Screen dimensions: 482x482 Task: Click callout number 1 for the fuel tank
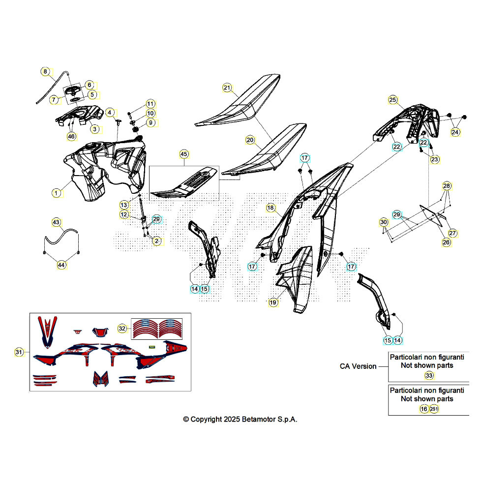click(x=56, y=193)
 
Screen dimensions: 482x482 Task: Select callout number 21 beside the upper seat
click(x=227, y=88)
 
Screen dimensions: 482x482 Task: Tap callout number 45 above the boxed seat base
click(x=183, y=154)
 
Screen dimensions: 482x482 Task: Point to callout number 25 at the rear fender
click(x=392, y=99)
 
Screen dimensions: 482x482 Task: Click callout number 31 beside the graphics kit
click(x=19, y=352)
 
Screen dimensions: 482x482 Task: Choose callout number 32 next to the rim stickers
click(x=122, y=329)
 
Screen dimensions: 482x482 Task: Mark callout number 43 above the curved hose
click(x=56, y=222)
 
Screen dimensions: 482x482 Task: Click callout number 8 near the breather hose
click(x=45, y=72)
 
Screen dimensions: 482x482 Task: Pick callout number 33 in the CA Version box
click(x=429, y=375)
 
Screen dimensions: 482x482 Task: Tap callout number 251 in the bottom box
click(x=434, y=409)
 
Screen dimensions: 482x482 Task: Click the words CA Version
click(x=358, y=366)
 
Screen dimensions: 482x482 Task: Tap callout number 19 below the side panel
click(x=273, y=302)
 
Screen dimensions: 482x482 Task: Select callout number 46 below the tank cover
click(x=71, y=137)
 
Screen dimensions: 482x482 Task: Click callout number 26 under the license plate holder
click(x=447, y=242)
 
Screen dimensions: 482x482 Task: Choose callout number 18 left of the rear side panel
click(x=270, y=208)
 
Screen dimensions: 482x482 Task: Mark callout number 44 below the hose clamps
click(x=61, y=265)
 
